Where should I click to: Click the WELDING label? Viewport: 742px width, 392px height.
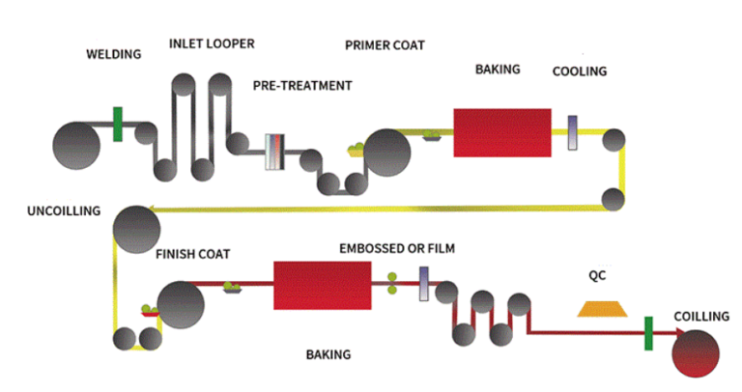point(114,54)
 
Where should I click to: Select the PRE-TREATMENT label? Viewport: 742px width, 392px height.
point(302,86)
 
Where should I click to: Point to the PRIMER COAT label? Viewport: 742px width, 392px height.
point(385,45)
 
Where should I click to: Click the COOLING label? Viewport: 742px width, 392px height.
point(580,71)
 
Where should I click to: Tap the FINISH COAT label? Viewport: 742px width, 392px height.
point(192,255)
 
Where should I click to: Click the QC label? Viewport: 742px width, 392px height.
point(598,274)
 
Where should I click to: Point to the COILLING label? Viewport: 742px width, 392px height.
point(701,317)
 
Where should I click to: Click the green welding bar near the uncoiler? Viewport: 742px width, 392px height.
point(118,125)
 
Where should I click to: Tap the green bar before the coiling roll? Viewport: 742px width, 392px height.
point(648,333)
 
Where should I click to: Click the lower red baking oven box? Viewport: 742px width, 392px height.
point(323,285)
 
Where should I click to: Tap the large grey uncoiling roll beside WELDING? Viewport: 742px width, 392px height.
point(75,145)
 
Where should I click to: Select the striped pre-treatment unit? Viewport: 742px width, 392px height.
point(276,152)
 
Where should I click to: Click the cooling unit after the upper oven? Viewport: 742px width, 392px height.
point(573,133)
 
